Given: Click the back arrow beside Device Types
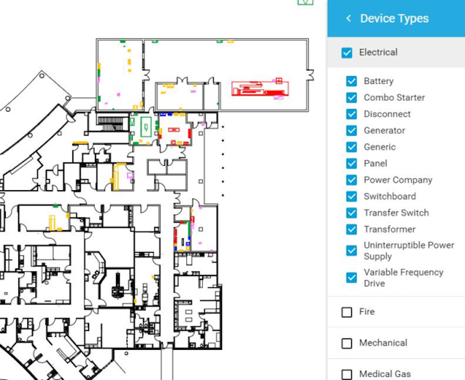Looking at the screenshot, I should point(349,19).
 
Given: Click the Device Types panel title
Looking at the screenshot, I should point(394,19).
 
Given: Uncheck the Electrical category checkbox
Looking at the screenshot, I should point(347,53).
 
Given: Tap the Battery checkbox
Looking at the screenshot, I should point(351,81).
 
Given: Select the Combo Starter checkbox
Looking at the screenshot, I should point(351,98).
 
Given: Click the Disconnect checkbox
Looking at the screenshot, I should point(351,114).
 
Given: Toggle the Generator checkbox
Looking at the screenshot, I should point(351,130).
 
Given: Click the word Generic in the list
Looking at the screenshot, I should point(379,147).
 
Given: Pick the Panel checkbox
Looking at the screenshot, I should point(351,163).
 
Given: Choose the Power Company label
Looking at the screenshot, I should point(397,180).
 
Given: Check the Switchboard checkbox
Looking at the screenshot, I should point(351,196).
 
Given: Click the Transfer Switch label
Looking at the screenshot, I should point(396,213).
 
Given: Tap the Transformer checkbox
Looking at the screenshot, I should point(351,230).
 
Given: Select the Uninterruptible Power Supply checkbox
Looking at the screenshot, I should point(351,251).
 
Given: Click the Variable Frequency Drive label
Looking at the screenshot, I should point(403,277).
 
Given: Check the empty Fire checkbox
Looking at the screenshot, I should point(347,312).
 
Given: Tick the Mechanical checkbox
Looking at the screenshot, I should point(347,344).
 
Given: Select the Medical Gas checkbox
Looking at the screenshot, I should point(347,374).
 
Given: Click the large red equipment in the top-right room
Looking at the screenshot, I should point(259,89).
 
